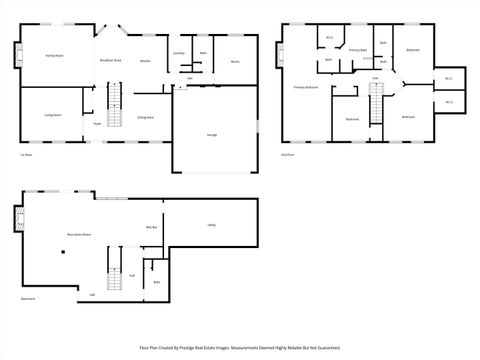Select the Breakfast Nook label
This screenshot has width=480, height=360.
point(110,60)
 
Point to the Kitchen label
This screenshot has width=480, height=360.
point(145,61)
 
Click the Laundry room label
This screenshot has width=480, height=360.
point(178,52)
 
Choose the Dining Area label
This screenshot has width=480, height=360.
point(145,117)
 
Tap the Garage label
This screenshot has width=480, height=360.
point(212,134)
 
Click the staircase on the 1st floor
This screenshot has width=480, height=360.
point(113,105)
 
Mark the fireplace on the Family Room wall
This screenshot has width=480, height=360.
point(17,55)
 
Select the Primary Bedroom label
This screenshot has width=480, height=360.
point(306,88)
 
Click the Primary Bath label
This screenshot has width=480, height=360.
point(357,49)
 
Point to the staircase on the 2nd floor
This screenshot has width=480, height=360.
point(377,104)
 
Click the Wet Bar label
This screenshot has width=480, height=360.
point(152,228)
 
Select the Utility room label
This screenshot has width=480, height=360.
point(212,225)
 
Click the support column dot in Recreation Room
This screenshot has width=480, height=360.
point(61,253)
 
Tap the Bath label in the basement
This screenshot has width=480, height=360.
point(157,282)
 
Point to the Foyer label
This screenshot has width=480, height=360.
point(97,123)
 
